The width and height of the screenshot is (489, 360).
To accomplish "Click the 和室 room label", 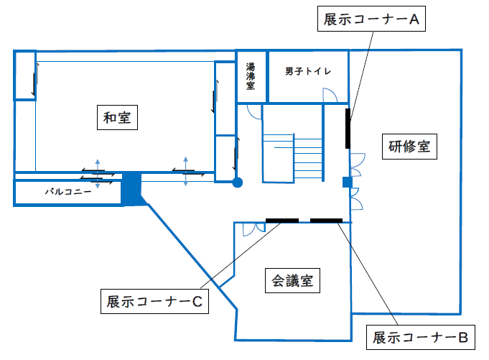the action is (x=117, y=117).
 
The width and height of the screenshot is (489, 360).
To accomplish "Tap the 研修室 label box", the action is (x=409, y=147).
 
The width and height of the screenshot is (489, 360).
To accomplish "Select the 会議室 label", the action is (x=292, y=280).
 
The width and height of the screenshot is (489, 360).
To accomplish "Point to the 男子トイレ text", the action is (x=308, y=71).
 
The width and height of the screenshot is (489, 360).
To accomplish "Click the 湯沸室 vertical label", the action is (x=251, y=76).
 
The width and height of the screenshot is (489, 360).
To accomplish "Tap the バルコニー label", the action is (x=68, y=191).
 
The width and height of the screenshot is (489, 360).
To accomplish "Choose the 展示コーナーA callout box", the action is (x=371, y=19).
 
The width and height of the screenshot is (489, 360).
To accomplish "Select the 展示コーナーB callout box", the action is (x=420, y=337).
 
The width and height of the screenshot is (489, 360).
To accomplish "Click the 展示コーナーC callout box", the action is (x=154, y=301).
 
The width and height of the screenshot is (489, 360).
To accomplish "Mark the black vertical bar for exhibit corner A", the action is (x=348, y=129).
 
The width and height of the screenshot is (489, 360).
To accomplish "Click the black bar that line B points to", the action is (x=326, y=221).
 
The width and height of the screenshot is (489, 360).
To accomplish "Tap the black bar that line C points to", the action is (x=282, y=221).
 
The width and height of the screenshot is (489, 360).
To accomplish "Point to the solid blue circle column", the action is (x=238, y=183).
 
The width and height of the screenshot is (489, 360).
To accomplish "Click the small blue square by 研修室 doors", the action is (x=348, y=183).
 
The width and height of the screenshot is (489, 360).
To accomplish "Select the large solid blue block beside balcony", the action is (x=131, y=188).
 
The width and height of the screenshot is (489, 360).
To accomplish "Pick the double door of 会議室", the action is (x=254, y=229).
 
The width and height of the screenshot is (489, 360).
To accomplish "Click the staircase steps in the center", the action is (x=307, y=157).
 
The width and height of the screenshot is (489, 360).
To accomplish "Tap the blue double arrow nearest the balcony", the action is (x=98, y=174).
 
